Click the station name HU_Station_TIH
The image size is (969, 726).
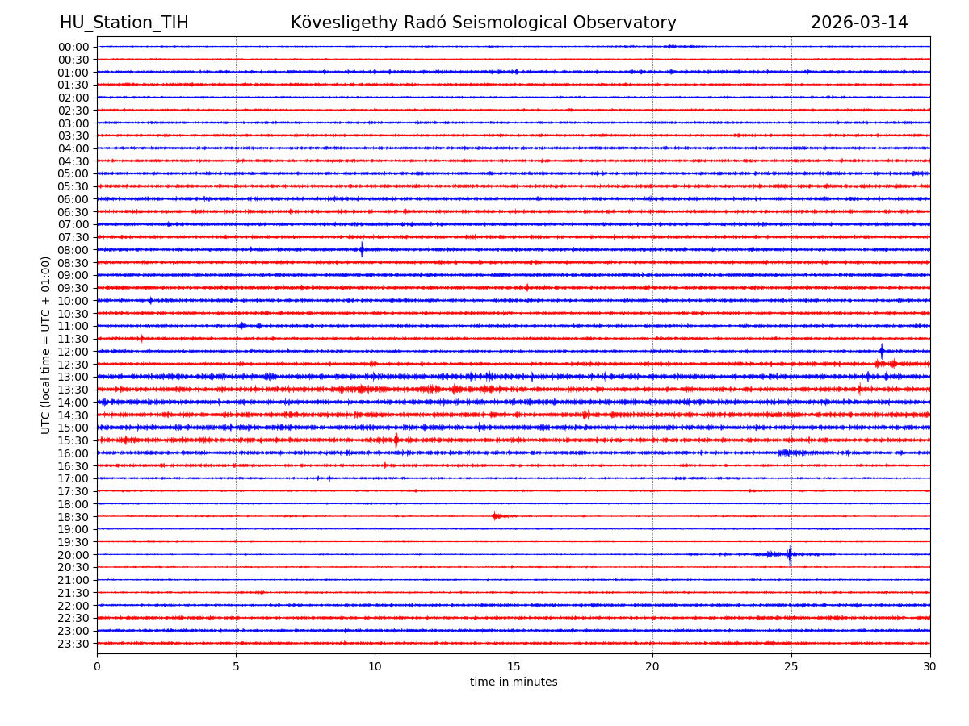tap(124, 23)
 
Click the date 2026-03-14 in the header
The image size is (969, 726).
tap(859, 23)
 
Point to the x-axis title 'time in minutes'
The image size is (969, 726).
tap(514, 682)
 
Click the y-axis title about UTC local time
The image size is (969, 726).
tap(46, 345)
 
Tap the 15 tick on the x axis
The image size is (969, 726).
tap(514, 667)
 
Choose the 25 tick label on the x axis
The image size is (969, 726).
tap(791, 667)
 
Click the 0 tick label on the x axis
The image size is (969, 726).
tap(97, 667)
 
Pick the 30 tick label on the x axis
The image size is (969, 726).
tap(930, 667)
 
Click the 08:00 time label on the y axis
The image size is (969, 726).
tap(73, 250)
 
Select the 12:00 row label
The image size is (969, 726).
tap(73, 352)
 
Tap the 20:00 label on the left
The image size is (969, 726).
tap(73, 555)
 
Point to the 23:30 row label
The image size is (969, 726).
tap(73, 644)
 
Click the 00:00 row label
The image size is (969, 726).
tap(73, 47)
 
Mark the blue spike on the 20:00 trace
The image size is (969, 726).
tap(790, 554)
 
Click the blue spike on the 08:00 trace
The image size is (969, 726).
tap(362, 249)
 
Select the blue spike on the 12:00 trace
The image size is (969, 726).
tap(882, 351)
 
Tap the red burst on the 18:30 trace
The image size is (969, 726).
tap(496, 515)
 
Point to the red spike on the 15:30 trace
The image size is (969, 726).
tap(396, 440)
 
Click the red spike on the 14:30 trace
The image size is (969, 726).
tap(585, 415)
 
